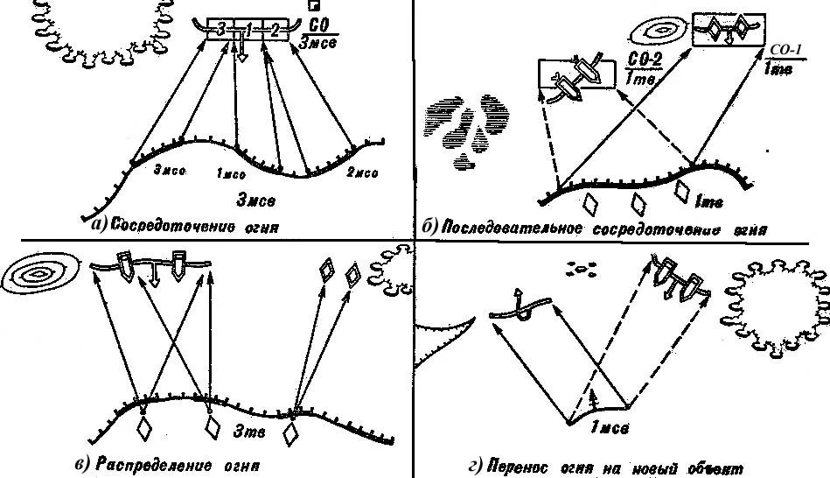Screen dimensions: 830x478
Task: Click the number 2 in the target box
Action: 275,31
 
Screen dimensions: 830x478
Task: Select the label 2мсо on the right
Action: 361,173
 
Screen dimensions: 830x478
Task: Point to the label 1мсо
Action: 231,174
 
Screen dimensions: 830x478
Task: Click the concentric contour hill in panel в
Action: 39,276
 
